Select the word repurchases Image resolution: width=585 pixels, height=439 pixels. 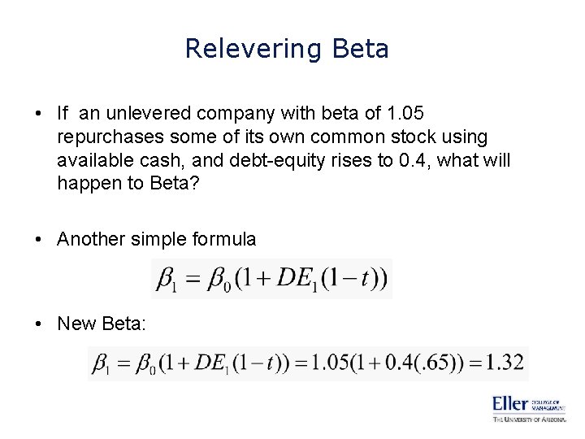click(109, 136)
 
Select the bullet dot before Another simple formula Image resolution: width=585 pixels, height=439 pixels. click(42, 239)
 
